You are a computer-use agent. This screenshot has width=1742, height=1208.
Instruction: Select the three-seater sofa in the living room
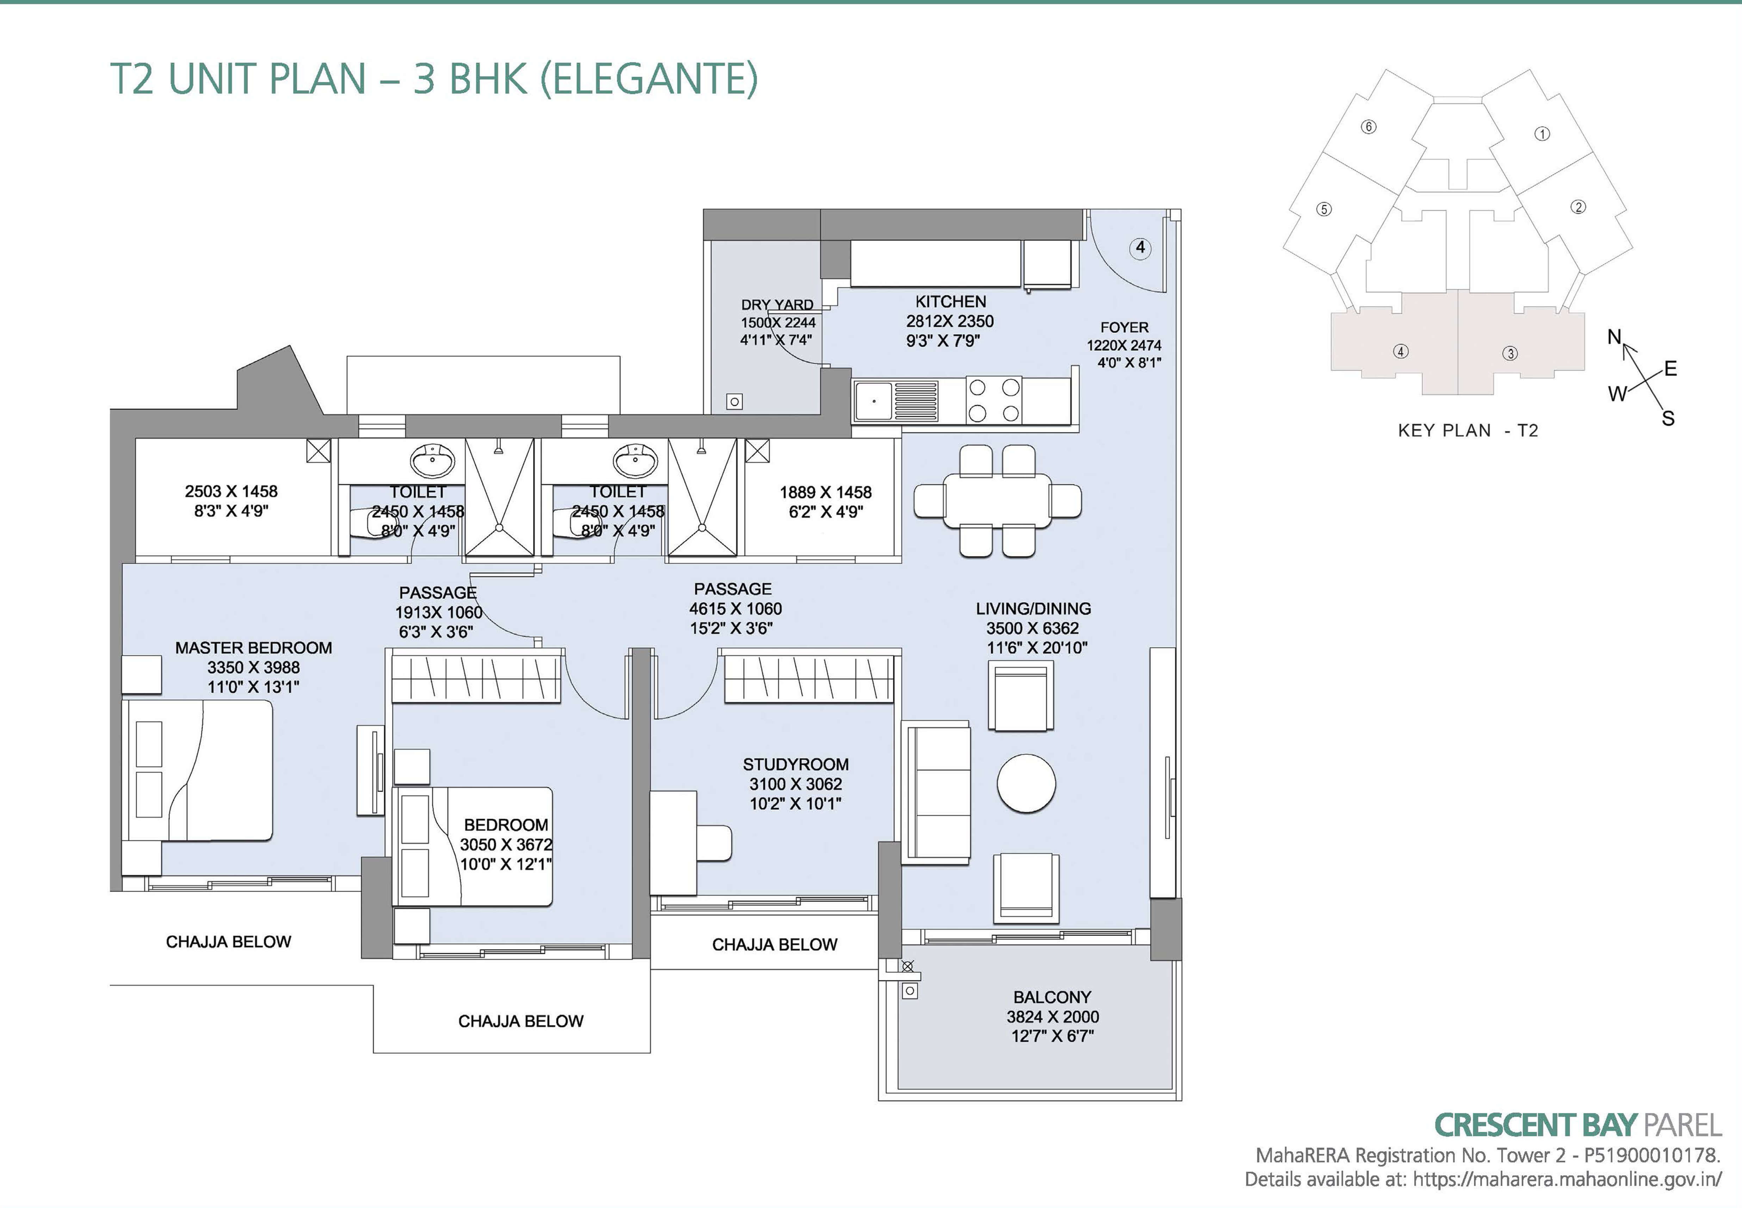[936, 792]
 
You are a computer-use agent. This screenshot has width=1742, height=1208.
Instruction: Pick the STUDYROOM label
[795, 765]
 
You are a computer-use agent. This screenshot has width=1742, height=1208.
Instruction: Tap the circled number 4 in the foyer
[1140, 247]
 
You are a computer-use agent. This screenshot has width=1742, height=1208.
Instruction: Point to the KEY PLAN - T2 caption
[1467, 431]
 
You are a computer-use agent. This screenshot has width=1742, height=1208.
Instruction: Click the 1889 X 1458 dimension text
[826, 492]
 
